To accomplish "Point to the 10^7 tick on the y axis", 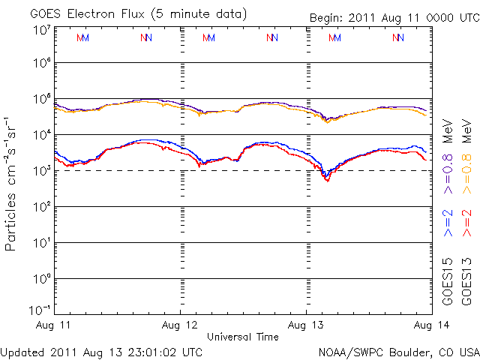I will tap(40, 31).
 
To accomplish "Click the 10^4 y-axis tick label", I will tap(40, 135).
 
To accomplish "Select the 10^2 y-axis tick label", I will tap(40, 207).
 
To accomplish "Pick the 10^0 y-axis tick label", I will tap(40, 279).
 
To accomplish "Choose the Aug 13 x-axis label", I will tap(306, 325).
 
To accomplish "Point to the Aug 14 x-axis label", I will tap(430, 325).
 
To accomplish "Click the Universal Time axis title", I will tap(242, 337).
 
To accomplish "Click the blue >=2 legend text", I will tap(448, 223).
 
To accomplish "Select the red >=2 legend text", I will tap(466, 223).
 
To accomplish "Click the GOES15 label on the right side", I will tap(448, 282).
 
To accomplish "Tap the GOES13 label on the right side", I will tap(466, 282).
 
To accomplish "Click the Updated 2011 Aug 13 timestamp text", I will tap(101, 351).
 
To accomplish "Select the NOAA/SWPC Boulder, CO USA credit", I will tap(398, 351).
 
